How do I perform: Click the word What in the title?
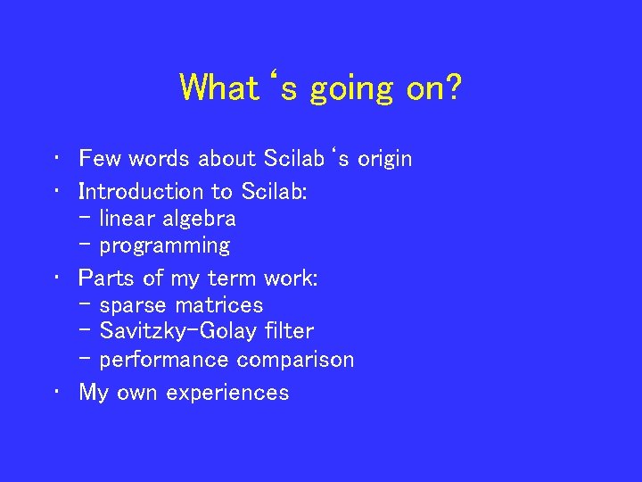pos(217,88)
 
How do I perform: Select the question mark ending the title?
pos(452,88)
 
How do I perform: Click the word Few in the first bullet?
pos(101,159)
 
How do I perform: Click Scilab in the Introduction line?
pos(274,191)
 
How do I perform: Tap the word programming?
pos(165,246)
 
